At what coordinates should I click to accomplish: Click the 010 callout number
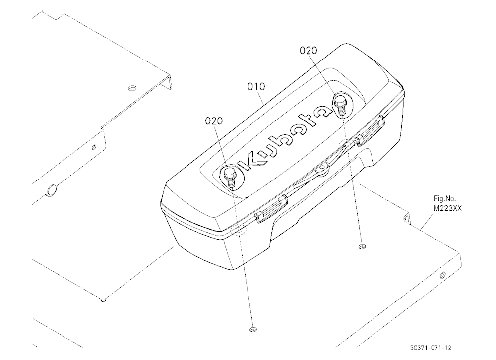click(256, 86)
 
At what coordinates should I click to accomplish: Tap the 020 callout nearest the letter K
click(214, 121)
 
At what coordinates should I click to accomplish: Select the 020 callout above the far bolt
click(309, 50)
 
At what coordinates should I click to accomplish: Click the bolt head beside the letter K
click(229, 173)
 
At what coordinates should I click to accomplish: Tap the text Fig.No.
click(445, 199)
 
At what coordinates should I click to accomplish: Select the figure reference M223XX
click(447, 208)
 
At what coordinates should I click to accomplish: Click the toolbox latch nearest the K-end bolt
click(271, 209)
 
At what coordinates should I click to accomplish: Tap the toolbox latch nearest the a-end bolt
click(370, 130)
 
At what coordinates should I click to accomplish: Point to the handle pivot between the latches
click(323, 167)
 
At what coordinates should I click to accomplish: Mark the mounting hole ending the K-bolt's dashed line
click(252, 329)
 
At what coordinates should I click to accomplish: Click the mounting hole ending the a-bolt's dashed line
click(362, 246)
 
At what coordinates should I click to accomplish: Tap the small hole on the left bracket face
click(94, 147)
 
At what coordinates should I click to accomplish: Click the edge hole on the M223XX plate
click(442, 275)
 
